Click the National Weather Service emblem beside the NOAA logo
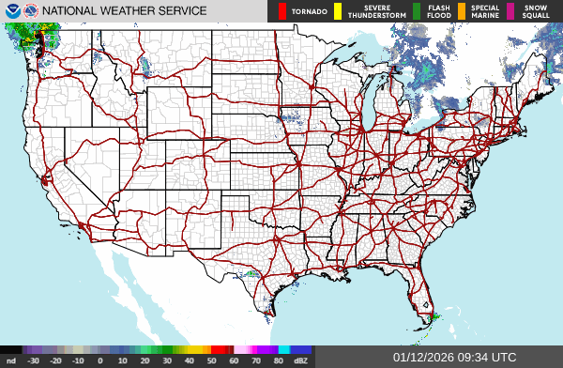32,10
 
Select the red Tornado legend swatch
281,11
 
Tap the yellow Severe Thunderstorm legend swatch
338,11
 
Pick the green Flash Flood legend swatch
418,11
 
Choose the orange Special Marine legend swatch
462,11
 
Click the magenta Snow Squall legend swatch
510,11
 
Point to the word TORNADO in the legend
309,12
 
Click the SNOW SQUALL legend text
537,11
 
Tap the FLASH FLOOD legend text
438,11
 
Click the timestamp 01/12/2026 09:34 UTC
454,357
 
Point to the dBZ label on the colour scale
300,360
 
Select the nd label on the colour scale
11,360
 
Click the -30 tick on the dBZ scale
34,360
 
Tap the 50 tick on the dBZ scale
212,360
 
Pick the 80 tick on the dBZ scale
279,360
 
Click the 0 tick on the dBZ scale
100,360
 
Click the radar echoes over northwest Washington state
28,38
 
